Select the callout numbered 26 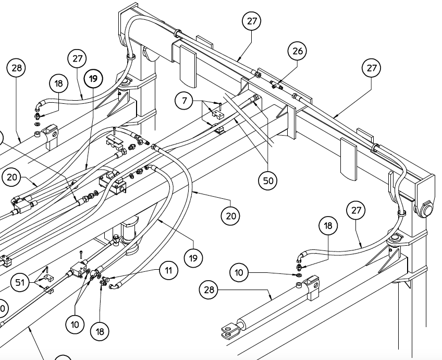298,52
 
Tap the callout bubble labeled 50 267,181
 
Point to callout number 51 19,283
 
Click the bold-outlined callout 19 93,79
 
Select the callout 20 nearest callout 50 230,215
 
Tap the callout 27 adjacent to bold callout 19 78,59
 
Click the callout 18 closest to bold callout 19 58,84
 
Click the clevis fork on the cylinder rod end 227,330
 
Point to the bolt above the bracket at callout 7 219,105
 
